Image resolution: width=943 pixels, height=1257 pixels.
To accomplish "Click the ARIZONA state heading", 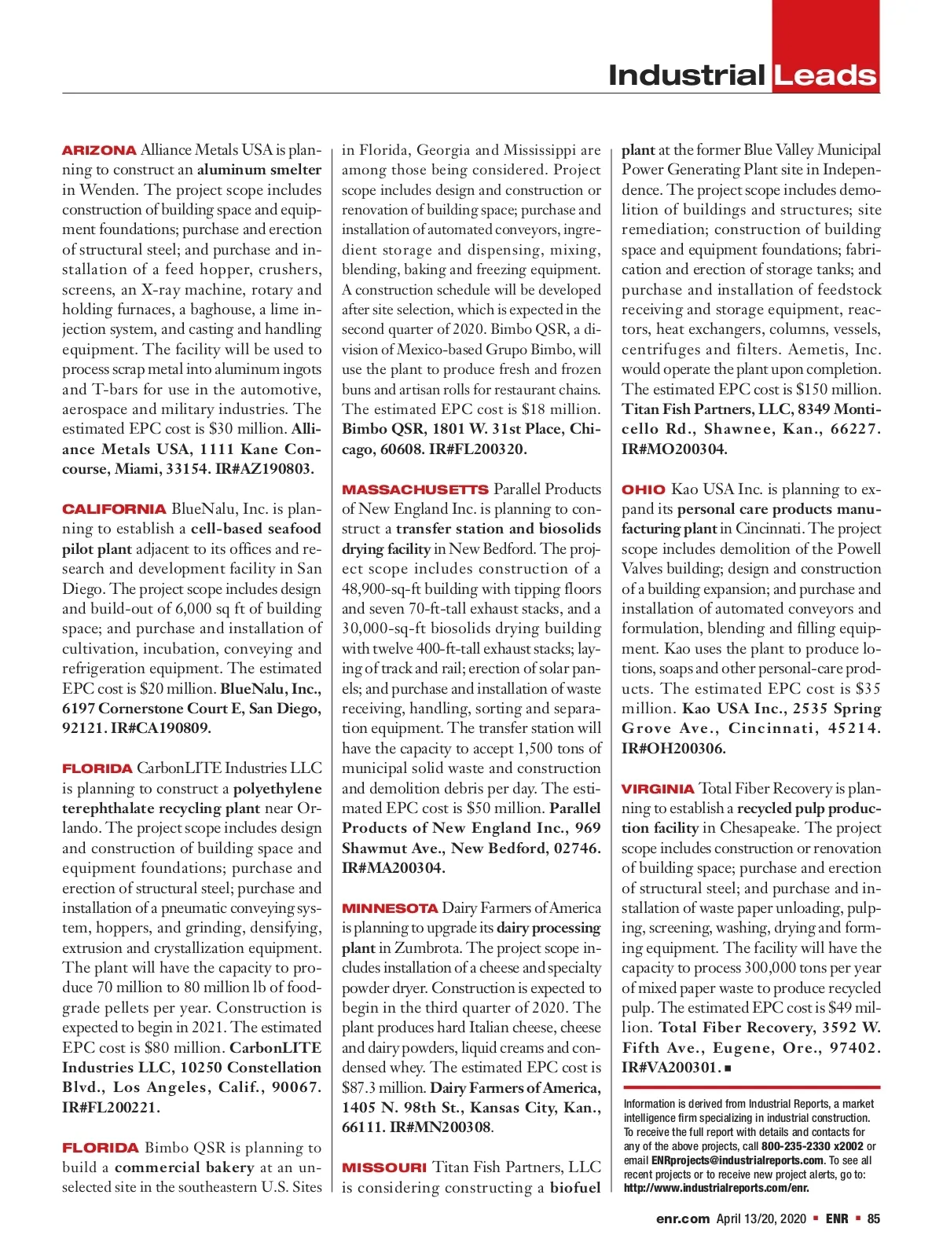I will [99, 150].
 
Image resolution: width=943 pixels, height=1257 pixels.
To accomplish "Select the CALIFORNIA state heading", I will [114, 509].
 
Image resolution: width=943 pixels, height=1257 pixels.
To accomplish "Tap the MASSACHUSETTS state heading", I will [415, 489].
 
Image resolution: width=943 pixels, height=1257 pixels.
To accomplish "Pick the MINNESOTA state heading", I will [390, 908].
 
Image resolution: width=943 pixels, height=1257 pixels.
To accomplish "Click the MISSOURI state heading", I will [384, 1167].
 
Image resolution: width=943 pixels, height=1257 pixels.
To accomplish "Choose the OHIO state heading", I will [643, 489].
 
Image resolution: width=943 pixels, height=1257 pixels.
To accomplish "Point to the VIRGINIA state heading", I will [658, 789].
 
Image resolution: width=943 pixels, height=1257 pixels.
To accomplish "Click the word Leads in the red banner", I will [824, 76].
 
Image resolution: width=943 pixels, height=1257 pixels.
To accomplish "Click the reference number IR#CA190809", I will [161, 728].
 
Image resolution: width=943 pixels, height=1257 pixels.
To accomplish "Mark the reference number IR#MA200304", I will [394, 868].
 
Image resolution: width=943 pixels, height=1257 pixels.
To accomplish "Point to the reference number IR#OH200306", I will [673, 749].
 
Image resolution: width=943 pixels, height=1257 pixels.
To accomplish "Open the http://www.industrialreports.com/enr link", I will [716, 1188].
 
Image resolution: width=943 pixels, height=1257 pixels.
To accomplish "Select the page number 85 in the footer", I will [873, 1219].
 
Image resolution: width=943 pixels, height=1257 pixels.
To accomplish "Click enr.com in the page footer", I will [683, 1219].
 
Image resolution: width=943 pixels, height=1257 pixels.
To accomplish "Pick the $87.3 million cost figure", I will [384, 1088].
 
